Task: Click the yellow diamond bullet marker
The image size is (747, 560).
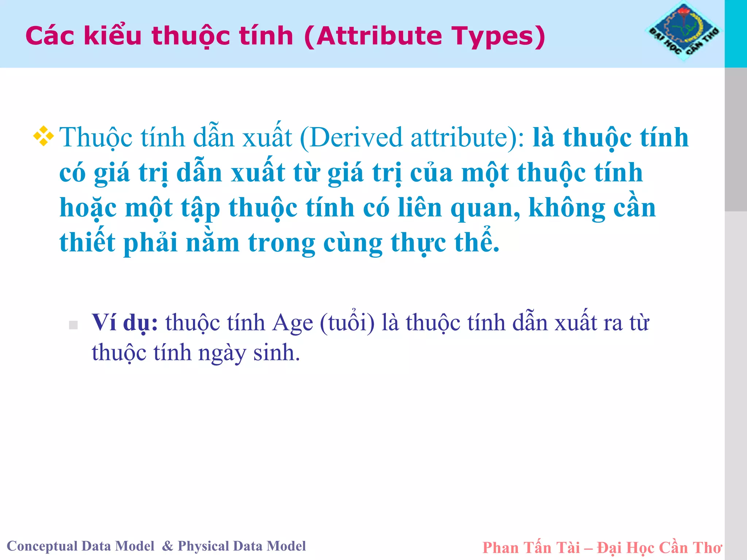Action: [x=43, y=136]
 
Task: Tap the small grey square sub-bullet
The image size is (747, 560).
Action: [x=73, y=325]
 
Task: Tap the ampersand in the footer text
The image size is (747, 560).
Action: [x=167, y=546]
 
